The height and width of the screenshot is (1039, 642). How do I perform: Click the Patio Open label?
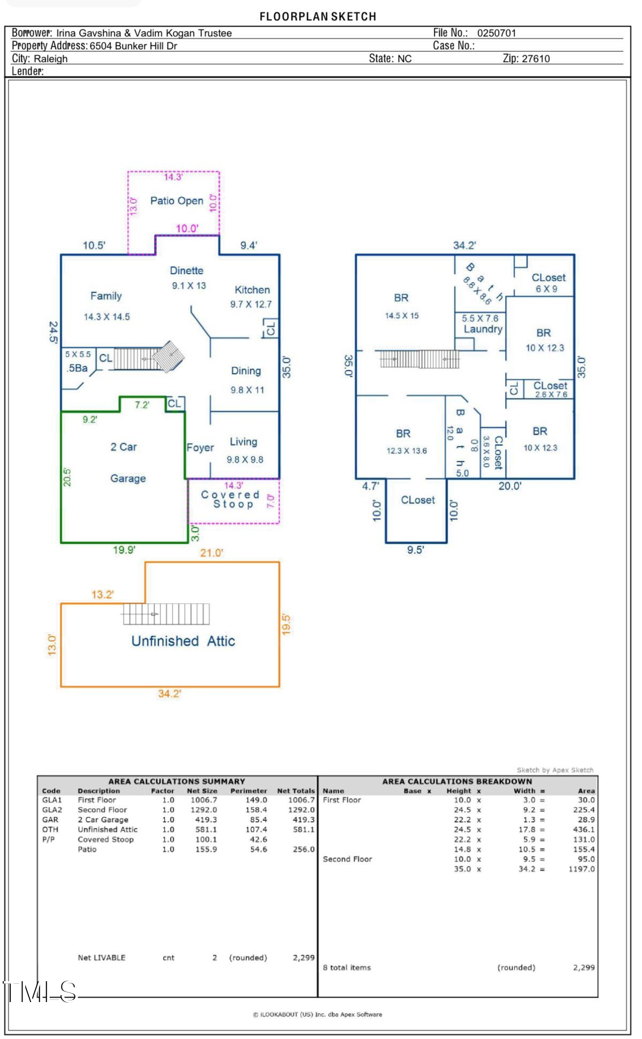(x=177, y=201)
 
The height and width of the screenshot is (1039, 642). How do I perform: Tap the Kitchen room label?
(x=252, y=290)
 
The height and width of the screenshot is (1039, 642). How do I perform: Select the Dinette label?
(x=187, y=270)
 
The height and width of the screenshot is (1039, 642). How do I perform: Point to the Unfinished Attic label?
(x=183, y=641)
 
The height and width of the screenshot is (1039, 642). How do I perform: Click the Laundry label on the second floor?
(x=483, y=329)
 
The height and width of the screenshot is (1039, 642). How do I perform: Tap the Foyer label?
(x=200, y=448)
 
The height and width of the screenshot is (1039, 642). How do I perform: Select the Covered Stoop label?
(x=231, y=499)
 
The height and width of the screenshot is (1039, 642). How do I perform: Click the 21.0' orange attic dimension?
(x=211, y=553)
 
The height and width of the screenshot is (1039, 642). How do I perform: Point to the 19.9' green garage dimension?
(x=124, y=550)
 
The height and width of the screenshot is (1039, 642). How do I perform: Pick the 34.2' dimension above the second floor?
(x=464, y=245)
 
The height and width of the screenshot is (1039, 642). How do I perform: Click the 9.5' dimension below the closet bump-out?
(x=416, y=550)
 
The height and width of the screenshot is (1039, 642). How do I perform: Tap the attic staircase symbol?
(x=166, y=614)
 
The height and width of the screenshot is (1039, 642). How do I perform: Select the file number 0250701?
(x=496, y=33)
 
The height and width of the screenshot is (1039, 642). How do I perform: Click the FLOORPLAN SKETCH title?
(x=318, y=17)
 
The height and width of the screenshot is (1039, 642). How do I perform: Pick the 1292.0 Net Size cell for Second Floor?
(x=204, y=810)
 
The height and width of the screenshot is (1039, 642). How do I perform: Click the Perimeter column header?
(x=249, y=791)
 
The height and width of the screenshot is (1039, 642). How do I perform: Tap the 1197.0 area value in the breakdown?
(x=582, y=869)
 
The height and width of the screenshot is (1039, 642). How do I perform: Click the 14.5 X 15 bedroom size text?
(x=402, y=316)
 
